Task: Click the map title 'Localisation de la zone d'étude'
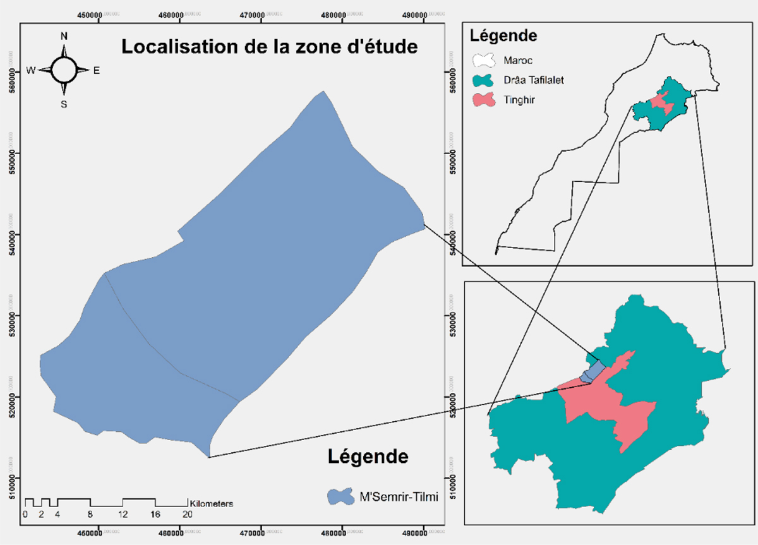[x=270, y=47]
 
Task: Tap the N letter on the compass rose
[x=64, y=36]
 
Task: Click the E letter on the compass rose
[x=97, y=71]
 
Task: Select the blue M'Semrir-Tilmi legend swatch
[x=341, y=496]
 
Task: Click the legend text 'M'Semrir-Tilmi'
[x=390, y=496]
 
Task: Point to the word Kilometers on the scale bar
[x=212, y=504]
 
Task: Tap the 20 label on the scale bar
[x=187, y=515]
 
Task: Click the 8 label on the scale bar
[x=90, y=515]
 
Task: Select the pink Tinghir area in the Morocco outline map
[x=661, y=103]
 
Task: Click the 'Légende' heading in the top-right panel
[x=505, y=35]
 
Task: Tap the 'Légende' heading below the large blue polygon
[x=368, y=456]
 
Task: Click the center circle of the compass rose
[x=64, y=70]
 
